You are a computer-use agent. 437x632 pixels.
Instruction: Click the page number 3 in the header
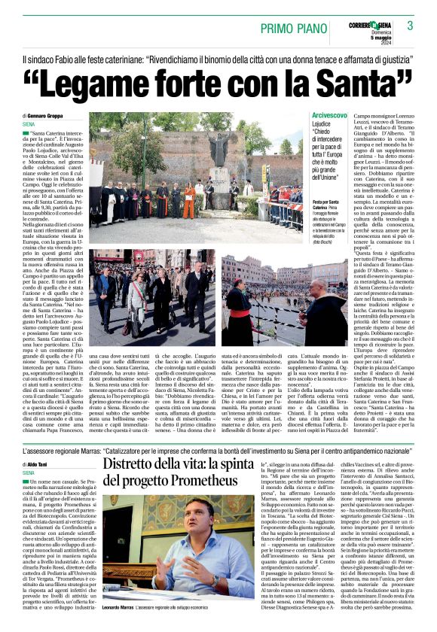point(410,26)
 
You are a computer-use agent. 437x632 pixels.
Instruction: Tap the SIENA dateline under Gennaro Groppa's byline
point(29,123)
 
